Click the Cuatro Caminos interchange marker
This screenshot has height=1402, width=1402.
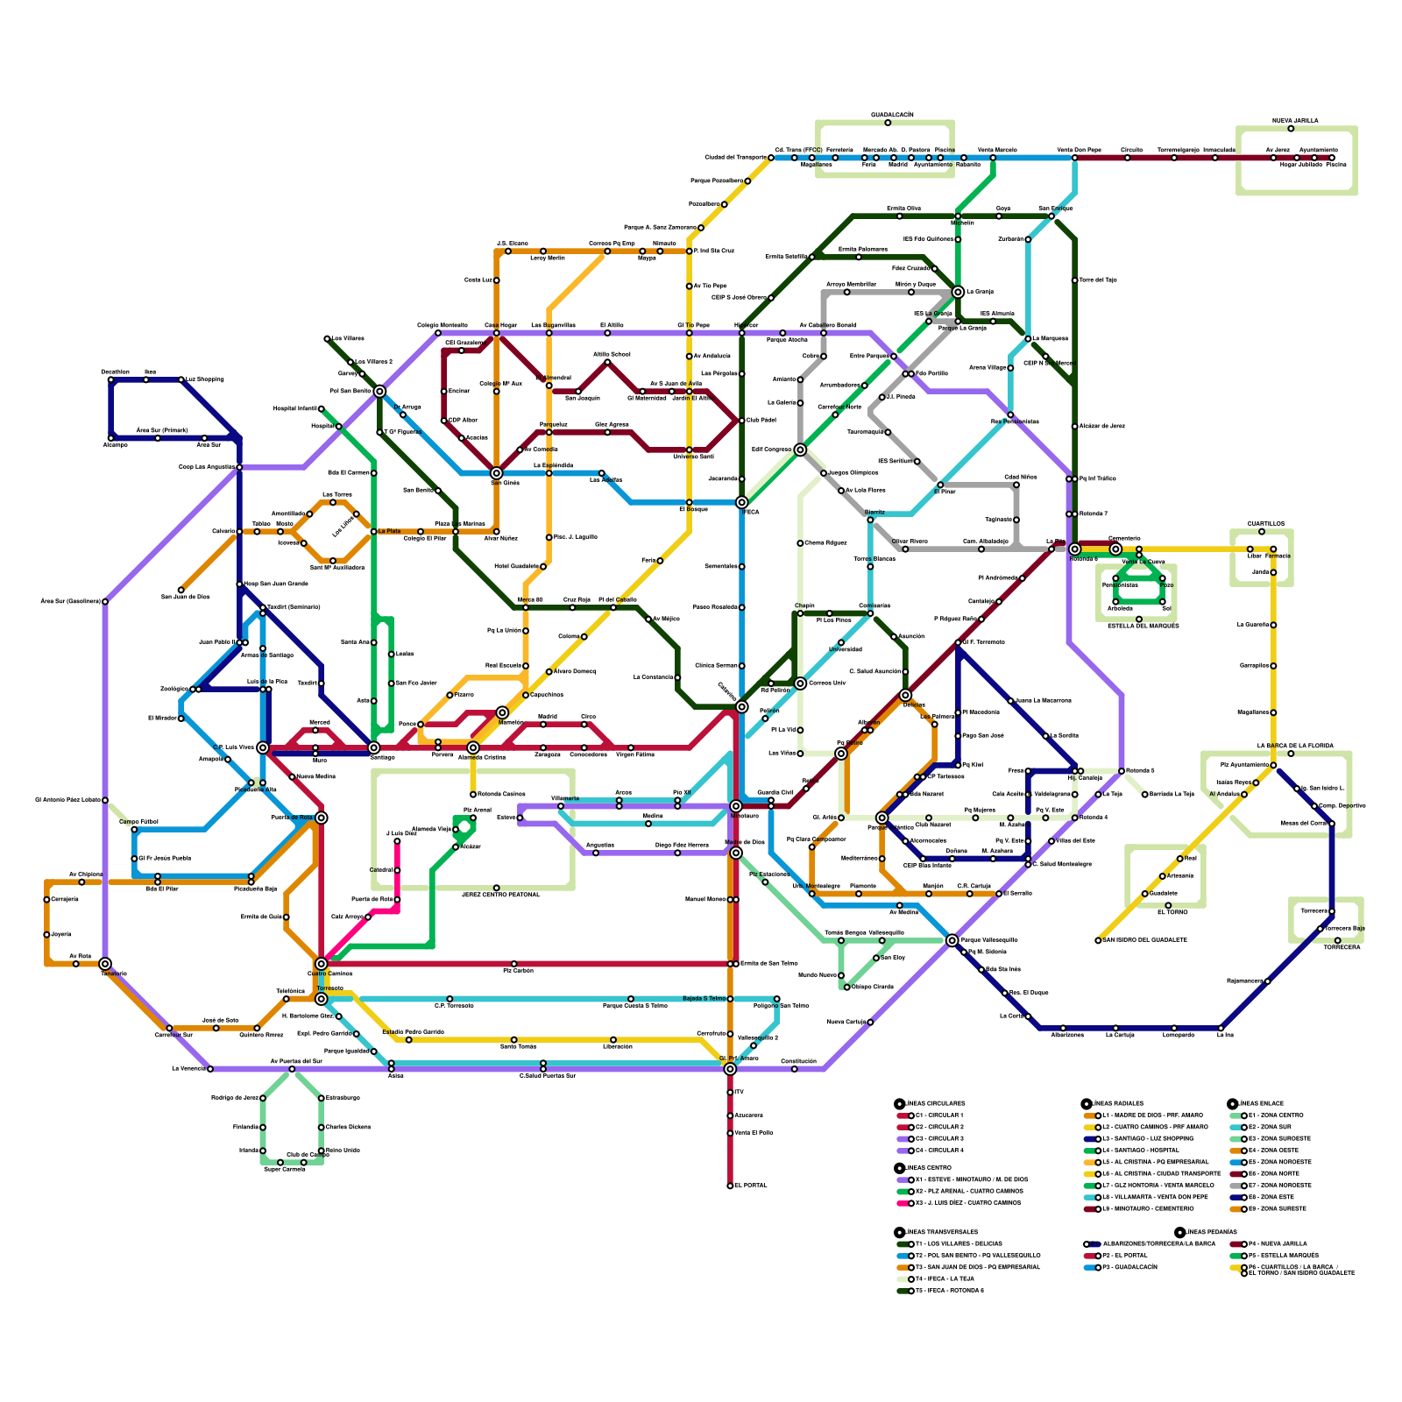coord(322,964)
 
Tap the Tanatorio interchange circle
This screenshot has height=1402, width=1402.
coord(105,964)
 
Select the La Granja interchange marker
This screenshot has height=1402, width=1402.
coord(958,292)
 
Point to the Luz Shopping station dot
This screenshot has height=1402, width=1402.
coord(181,379)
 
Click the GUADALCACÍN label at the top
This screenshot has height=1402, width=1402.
coord(892,115)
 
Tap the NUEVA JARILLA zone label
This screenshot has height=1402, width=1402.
coord(1294,121)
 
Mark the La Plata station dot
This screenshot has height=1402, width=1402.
coord(374,531)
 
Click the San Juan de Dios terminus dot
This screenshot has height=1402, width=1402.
coord(181,590)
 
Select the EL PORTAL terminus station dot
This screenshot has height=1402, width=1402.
coord(730,1186)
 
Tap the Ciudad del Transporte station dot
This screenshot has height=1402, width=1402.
coord(771,158)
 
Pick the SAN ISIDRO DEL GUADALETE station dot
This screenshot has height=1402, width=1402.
coord(1098,940)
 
